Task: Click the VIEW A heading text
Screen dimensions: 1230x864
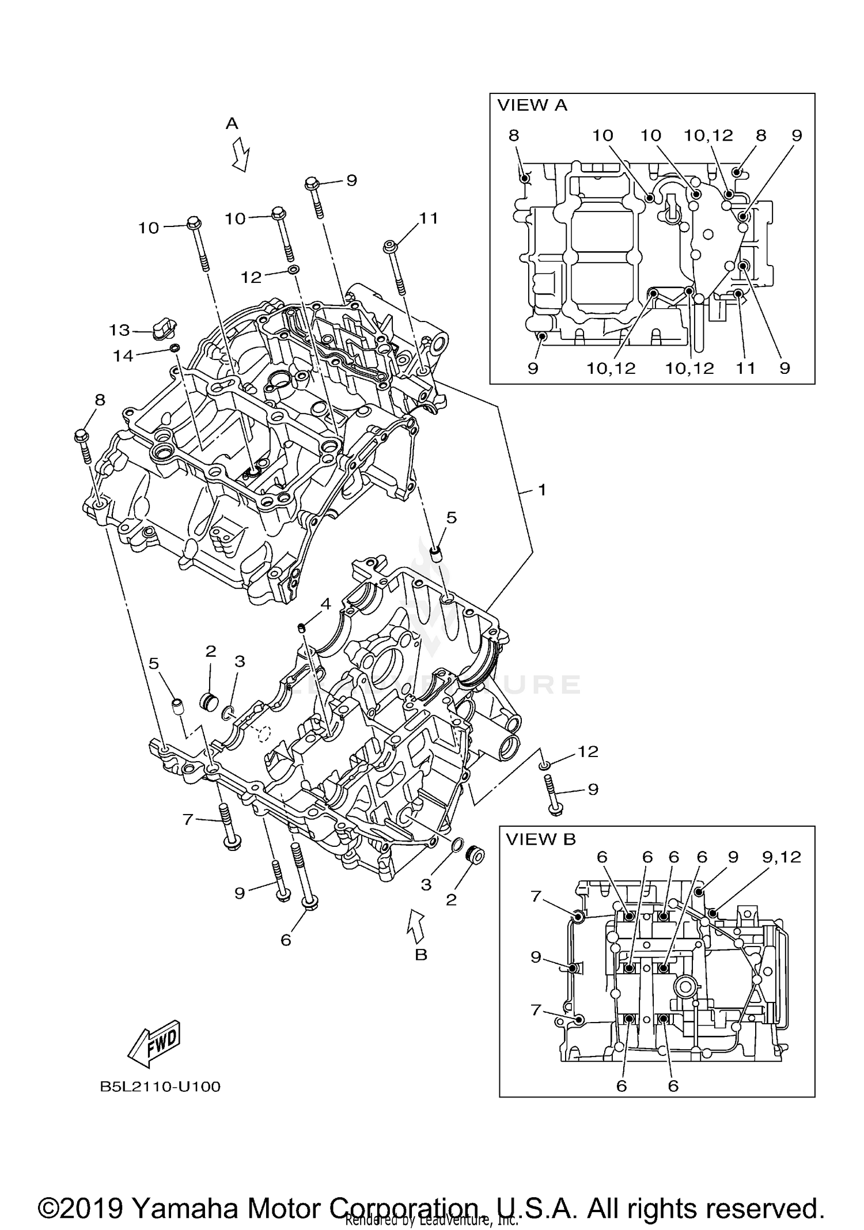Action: [x=532, y=105]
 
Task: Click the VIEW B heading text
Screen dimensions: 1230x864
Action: [x=541, y=839]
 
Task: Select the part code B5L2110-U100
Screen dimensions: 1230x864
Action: [x=160, y=1087]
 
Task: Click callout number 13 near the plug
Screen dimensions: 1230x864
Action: [x=120, y=330]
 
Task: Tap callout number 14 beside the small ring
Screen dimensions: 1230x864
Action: [x=123, y=356]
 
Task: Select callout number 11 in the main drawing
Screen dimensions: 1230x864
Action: [x=429, y=218]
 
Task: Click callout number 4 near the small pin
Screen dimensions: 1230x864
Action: [x=326, y=604]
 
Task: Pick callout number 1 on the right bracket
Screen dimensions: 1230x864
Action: [x=541, y=490]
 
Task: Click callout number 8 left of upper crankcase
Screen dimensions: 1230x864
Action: [x=100, y=400]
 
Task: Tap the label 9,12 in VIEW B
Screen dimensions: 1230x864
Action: [x=782, y=857]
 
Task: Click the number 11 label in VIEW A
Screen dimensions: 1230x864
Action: [x=745, y=368]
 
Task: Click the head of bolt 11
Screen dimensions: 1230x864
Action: [x=390, y=247]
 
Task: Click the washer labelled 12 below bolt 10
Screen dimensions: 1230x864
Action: [x=294, y=270]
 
